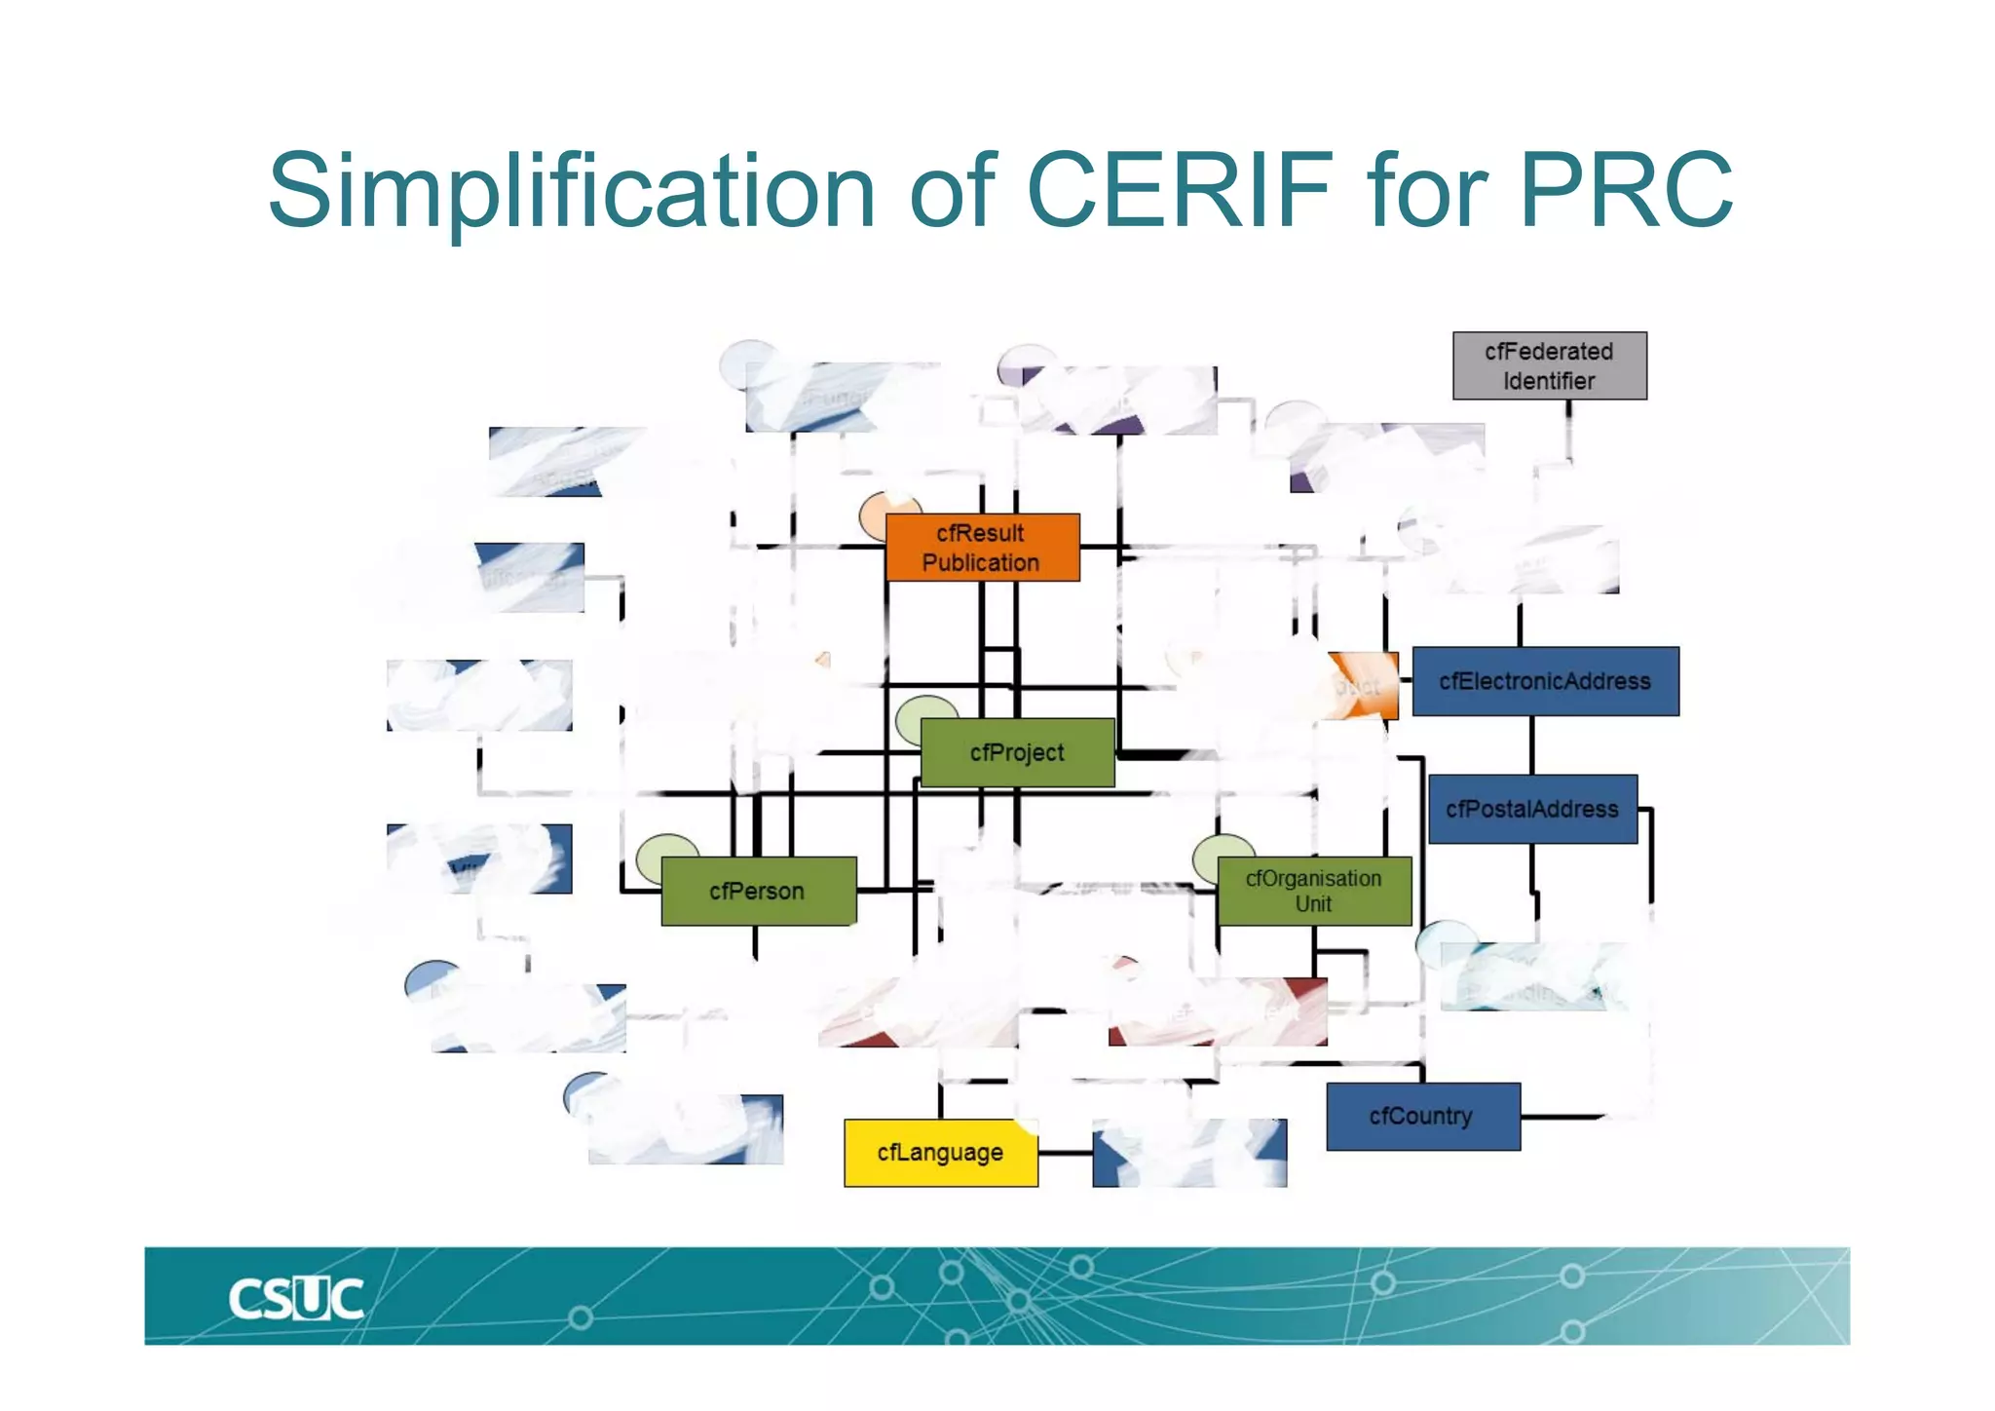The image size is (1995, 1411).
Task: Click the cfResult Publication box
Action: click(x=982, y=548)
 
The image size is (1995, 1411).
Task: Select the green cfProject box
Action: click(x=1017, y=752)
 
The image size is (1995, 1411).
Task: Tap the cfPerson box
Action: click(x=758, y=891)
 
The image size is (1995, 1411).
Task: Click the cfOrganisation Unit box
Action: click(x=1313, y=891)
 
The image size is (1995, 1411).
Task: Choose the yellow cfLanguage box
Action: click(x=940, y=1153)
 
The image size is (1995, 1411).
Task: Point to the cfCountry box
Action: click(x=1422, y=1117)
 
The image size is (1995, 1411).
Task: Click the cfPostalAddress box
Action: click(x=1531, y=809)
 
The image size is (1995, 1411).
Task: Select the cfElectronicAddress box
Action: click(x=1545, y=681)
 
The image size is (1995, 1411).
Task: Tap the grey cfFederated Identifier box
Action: click(x=1549, y=365)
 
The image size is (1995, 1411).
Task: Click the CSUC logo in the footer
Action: click(x=295, y=1299)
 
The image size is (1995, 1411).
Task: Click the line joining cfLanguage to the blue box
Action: click(x=1065, y=1153)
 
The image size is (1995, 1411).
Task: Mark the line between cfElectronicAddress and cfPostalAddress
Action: click(x=1532, y=744)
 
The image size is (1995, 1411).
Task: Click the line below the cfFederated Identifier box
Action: click(x=1568, y=429)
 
